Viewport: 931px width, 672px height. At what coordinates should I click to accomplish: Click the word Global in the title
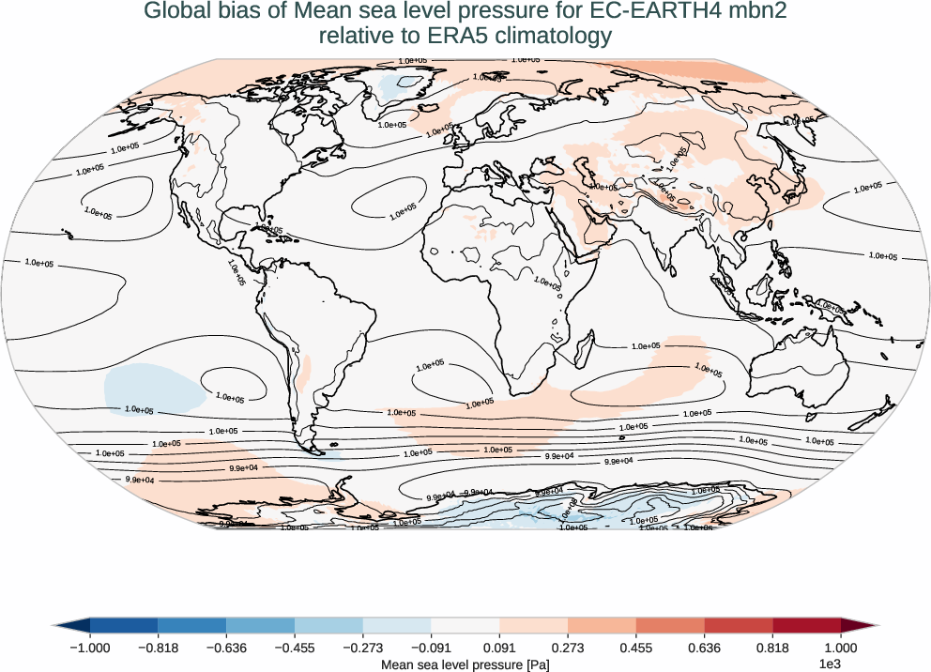pos(176,12)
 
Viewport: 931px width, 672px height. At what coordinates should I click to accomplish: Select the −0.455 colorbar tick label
pos(294,647)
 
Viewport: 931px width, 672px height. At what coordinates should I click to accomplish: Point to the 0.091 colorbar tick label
pos(500,647)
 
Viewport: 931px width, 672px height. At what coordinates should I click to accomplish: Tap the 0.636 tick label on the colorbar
pos(705,647)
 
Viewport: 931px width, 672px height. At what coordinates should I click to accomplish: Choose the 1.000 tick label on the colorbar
pos(841,647)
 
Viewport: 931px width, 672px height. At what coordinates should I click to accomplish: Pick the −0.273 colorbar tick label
pos(362,647)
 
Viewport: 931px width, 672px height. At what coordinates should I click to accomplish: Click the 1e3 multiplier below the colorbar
pos(829,664)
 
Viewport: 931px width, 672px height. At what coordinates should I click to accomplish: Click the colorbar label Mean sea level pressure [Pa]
pos(465,664)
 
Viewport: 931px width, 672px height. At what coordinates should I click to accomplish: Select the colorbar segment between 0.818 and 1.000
pos(807,625)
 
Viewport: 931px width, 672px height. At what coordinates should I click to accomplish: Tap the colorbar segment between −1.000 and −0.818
pos(124,625)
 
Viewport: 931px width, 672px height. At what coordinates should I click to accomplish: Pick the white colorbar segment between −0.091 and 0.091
pos(465,625)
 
